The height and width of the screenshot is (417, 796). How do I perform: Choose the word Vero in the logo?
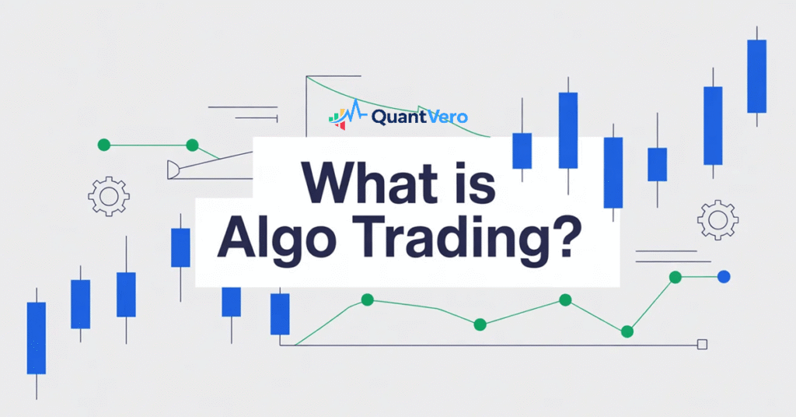(x=446, y=117)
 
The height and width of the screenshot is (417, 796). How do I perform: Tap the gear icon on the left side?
(x=108, y=196)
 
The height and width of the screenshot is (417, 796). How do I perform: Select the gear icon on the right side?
(x=717, y=219)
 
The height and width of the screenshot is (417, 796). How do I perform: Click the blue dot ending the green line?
(x=724, y=276)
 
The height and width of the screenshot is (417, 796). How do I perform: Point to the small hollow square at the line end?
(x=703, y=345)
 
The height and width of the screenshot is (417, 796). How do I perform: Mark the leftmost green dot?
(x=104, y=145)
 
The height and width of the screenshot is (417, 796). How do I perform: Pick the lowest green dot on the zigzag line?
(x=627, y=331)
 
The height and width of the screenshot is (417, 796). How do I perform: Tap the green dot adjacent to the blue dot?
(x=676, y=276)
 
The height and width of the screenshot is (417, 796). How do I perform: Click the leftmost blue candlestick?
(x=37, y=338)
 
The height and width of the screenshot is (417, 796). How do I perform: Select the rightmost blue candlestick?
(x=756, y=76)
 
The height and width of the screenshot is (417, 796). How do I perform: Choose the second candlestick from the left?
(x=80, y=303)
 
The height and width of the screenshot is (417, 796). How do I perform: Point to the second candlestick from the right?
(x=713, y=125)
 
